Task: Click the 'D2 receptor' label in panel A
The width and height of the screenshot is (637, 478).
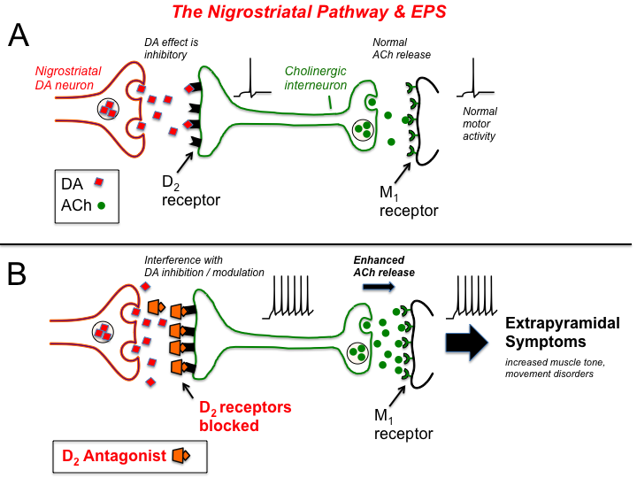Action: pos(190,191)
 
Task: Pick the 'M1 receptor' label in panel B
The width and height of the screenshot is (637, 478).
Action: pos(403,426)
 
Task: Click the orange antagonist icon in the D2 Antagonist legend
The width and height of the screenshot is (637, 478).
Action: pos(181,455)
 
